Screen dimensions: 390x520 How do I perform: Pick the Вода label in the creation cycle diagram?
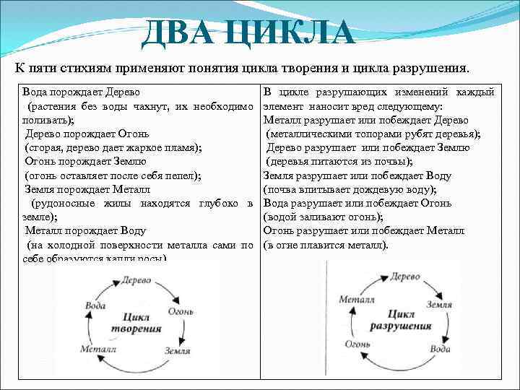pos(95,305)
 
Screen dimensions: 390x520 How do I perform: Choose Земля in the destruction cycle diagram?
pos(438,304)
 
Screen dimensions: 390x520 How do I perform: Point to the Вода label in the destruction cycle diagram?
pos(440,348)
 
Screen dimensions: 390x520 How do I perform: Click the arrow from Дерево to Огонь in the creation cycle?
pos(168,290)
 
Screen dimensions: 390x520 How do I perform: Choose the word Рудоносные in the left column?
pos(71,203)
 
